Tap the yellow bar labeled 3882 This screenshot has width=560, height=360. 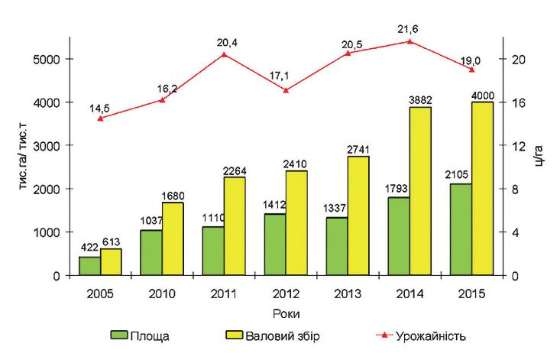tap(420, 191)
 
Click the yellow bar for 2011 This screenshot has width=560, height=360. tap(235, 226)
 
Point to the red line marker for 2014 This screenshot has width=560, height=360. tap(409, 41)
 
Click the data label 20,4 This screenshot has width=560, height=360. tap(224, 43)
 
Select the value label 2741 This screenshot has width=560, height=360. tap(359, 150)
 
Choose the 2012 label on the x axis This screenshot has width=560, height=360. tap(286, 293)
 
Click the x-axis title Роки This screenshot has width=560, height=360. tap(286, 313)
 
